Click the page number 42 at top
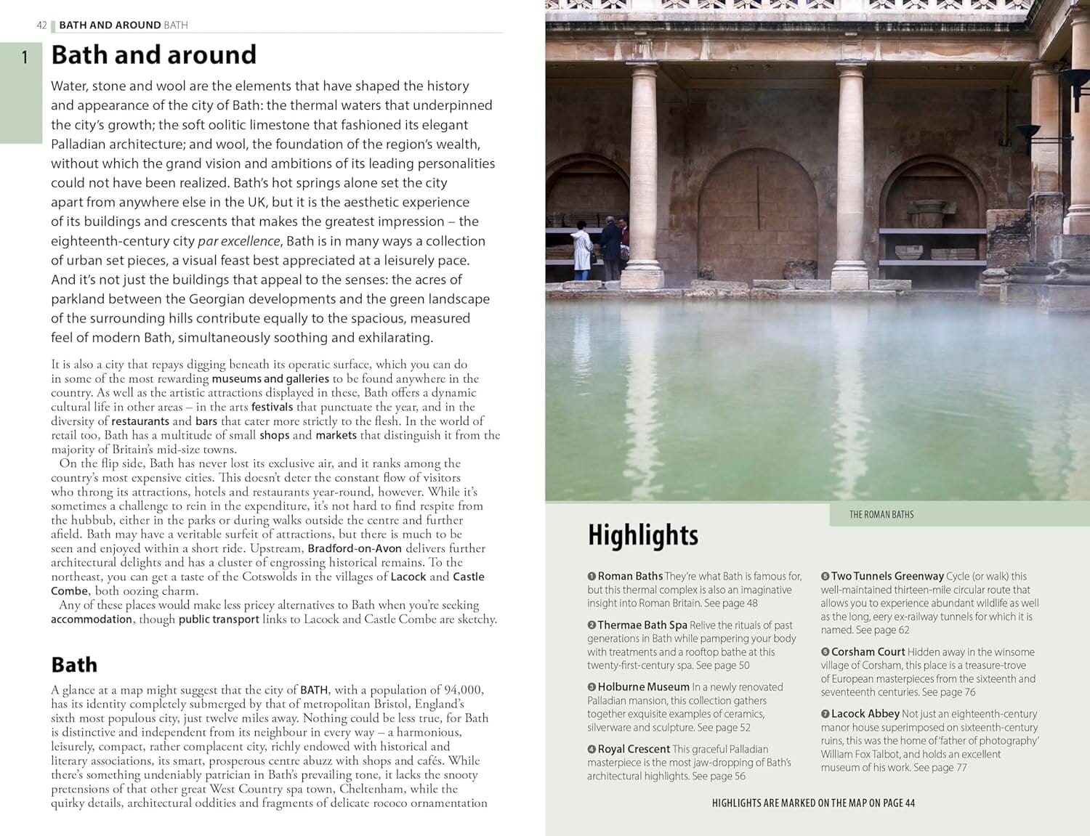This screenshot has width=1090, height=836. coord(41,25)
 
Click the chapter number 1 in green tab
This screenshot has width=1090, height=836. coord(25,57)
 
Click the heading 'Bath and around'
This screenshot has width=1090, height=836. coord(153,55)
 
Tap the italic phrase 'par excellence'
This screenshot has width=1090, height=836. coord(238,241)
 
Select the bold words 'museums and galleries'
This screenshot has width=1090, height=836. coord(270,378)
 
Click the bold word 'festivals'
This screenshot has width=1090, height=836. coord(272,407)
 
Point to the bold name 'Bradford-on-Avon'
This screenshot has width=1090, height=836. coord(355,548)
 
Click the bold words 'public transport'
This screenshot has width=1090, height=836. coord(219,620)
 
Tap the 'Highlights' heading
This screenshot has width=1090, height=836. coord(642,535)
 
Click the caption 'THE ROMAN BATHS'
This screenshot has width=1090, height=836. coord(881,515)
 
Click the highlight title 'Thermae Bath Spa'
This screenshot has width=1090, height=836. coord(642,625)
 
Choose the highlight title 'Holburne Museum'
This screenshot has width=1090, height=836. coord(643,687)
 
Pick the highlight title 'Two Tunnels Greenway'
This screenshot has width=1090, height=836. coord(887,576)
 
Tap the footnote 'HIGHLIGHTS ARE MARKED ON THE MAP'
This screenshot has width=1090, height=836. coord(813,803)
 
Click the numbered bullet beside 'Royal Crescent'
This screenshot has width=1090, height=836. coord(592,750)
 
